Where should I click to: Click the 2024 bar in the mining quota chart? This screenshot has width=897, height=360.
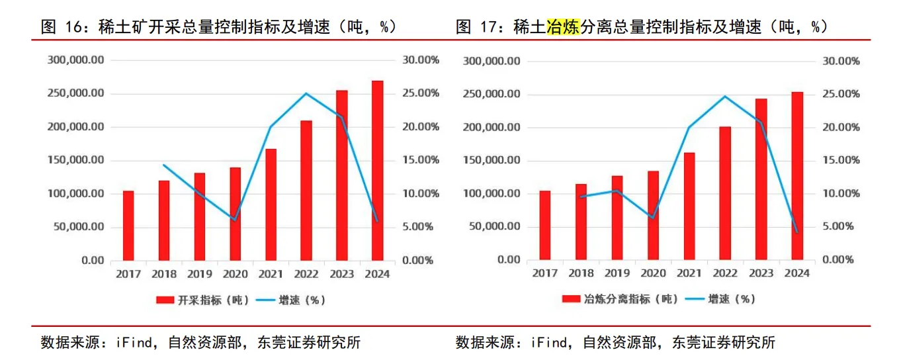pyautogui.click(x=377, y=171)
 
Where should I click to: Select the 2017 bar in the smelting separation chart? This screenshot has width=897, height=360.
pyautogui.click(x=544, y=225)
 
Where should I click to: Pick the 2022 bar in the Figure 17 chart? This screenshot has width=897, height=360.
pyautogui.click(x=725, y=193)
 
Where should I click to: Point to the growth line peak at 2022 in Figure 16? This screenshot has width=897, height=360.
pyautogui.click(x=306, y=93)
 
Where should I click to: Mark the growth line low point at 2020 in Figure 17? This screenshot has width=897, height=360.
pyautogui.click(x=652, y=217)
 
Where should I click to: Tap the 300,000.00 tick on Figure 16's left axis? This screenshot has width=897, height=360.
pyautogui.click(x=76, y=60)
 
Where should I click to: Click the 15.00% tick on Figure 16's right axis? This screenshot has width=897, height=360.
pyautogui.click(x=421, y=160)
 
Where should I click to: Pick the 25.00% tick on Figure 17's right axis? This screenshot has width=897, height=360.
pyautogui.click(x=840, y=94)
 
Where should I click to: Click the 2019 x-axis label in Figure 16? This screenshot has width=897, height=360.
pyautogui.click(x=198, y=274)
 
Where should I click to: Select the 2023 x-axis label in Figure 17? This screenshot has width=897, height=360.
pyautogui.click(x=761, y=273)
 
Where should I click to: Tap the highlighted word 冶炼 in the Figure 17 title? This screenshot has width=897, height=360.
pyautogui.click(x=562, y=27)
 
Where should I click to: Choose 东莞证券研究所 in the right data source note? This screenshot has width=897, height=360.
pyautogui.click(x=723, y=342)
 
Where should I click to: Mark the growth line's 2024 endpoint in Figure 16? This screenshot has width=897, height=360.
pyautogui.click(x=377, y=221)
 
